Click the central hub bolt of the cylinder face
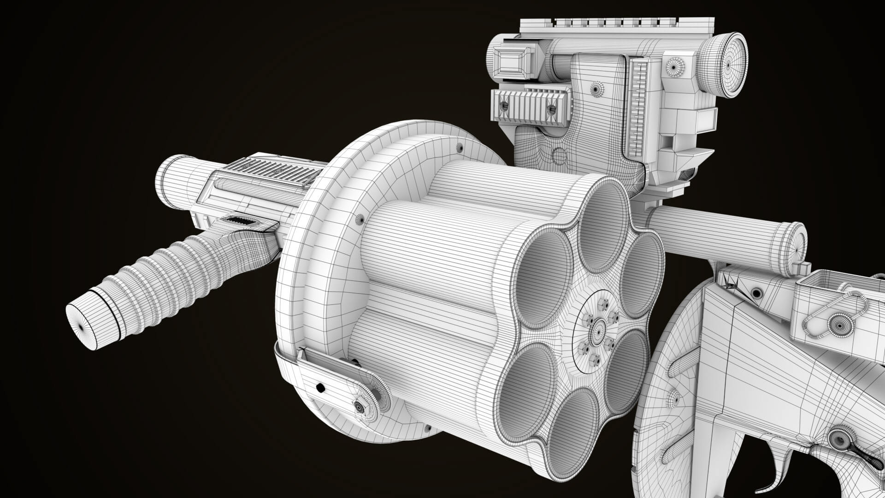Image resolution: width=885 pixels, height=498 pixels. (x=600, y=330)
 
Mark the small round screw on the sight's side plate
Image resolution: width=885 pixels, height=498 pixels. (x=597, y=88)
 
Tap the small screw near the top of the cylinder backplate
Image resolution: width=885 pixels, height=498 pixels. (x=459, y=148)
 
